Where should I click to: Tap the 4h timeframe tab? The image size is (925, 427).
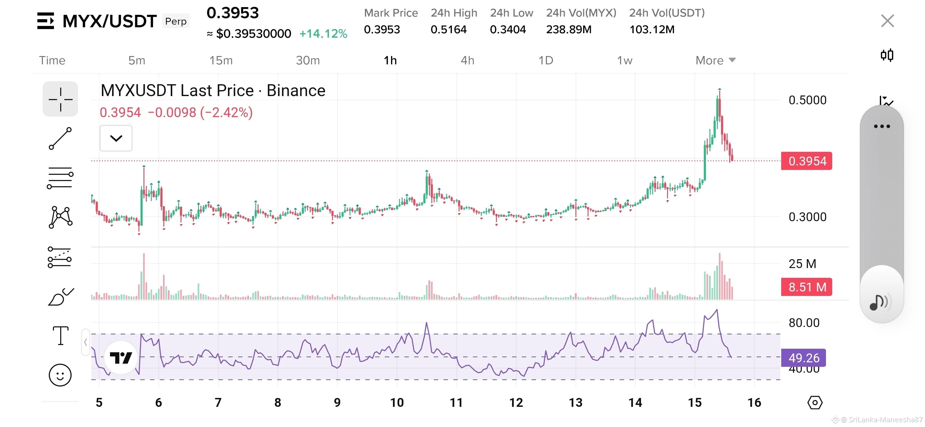tap(467, 60)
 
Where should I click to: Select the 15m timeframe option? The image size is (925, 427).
tap(221, 60)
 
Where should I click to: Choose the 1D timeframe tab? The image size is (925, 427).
tap(546, 60)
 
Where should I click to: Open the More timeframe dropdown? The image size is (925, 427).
tap(715, 60)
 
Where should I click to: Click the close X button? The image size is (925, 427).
tap(887, 21)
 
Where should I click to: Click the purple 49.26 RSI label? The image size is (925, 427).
tap(804, 358)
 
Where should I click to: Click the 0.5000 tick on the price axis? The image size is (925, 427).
tap(807, 100)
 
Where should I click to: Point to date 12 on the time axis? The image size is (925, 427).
tap(516, 403)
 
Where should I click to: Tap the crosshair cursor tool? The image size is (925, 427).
tap(60, 99)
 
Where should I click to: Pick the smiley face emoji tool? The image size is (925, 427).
tap(60, 375)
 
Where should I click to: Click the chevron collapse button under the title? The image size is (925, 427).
tap(116, 138)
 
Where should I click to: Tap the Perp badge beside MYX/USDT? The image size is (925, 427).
tap(176, 21)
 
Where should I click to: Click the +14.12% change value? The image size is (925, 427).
tap(323, 34)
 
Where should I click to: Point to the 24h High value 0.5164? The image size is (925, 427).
tap(449, 29)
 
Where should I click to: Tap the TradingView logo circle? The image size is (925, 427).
tap(121, 358)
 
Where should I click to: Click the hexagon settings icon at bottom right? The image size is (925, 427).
tap(815, 403)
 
